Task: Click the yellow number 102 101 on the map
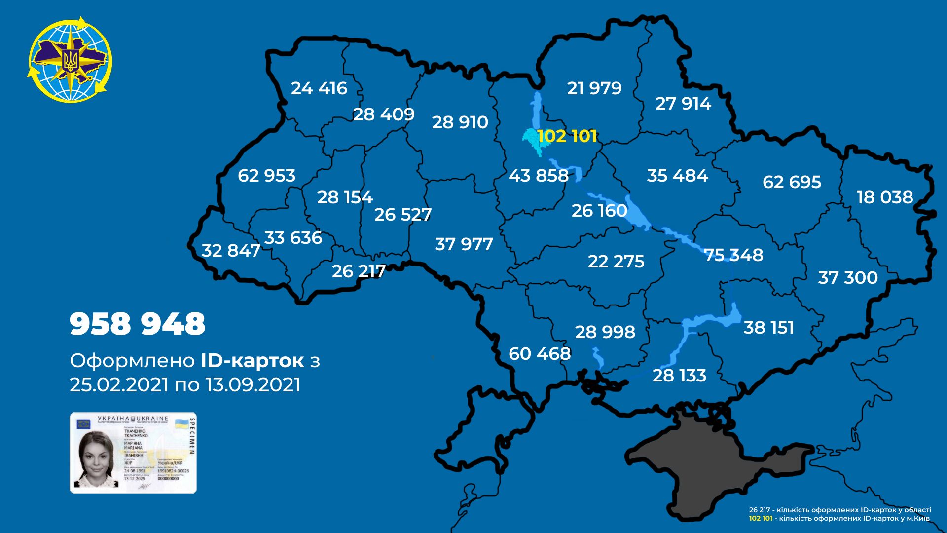click(567, 136)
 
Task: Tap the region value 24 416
click(319, 88)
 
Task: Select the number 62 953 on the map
click(266, 176)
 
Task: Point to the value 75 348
click(733, 255)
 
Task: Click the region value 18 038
click(884, 197)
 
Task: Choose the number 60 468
click(540, 354)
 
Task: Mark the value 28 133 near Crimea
click(679, 376)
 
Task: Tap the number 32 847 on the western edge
click(231, 251)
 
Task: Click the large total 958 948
click(138, 324)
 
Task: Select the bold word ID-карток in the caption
click(252, 361)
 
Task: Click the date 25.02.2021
click(119, 385)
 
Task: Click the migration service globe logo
click(70, 60)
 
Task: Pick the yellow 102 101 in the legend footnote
click(761, 519)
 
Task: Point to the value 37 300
click(847, 278)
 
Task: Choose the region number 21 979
click(594, 88)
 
